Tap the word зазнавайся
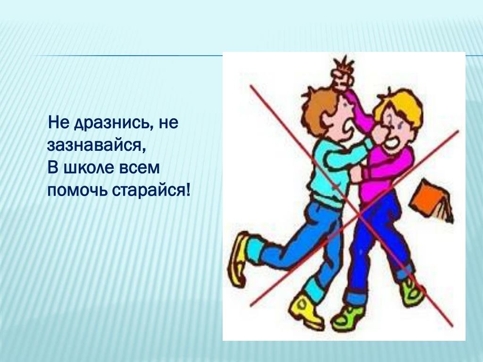click(x=96, y=145)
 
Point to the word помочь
click(x=77, y=190)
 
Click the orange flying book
click(x=431, y=200)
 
